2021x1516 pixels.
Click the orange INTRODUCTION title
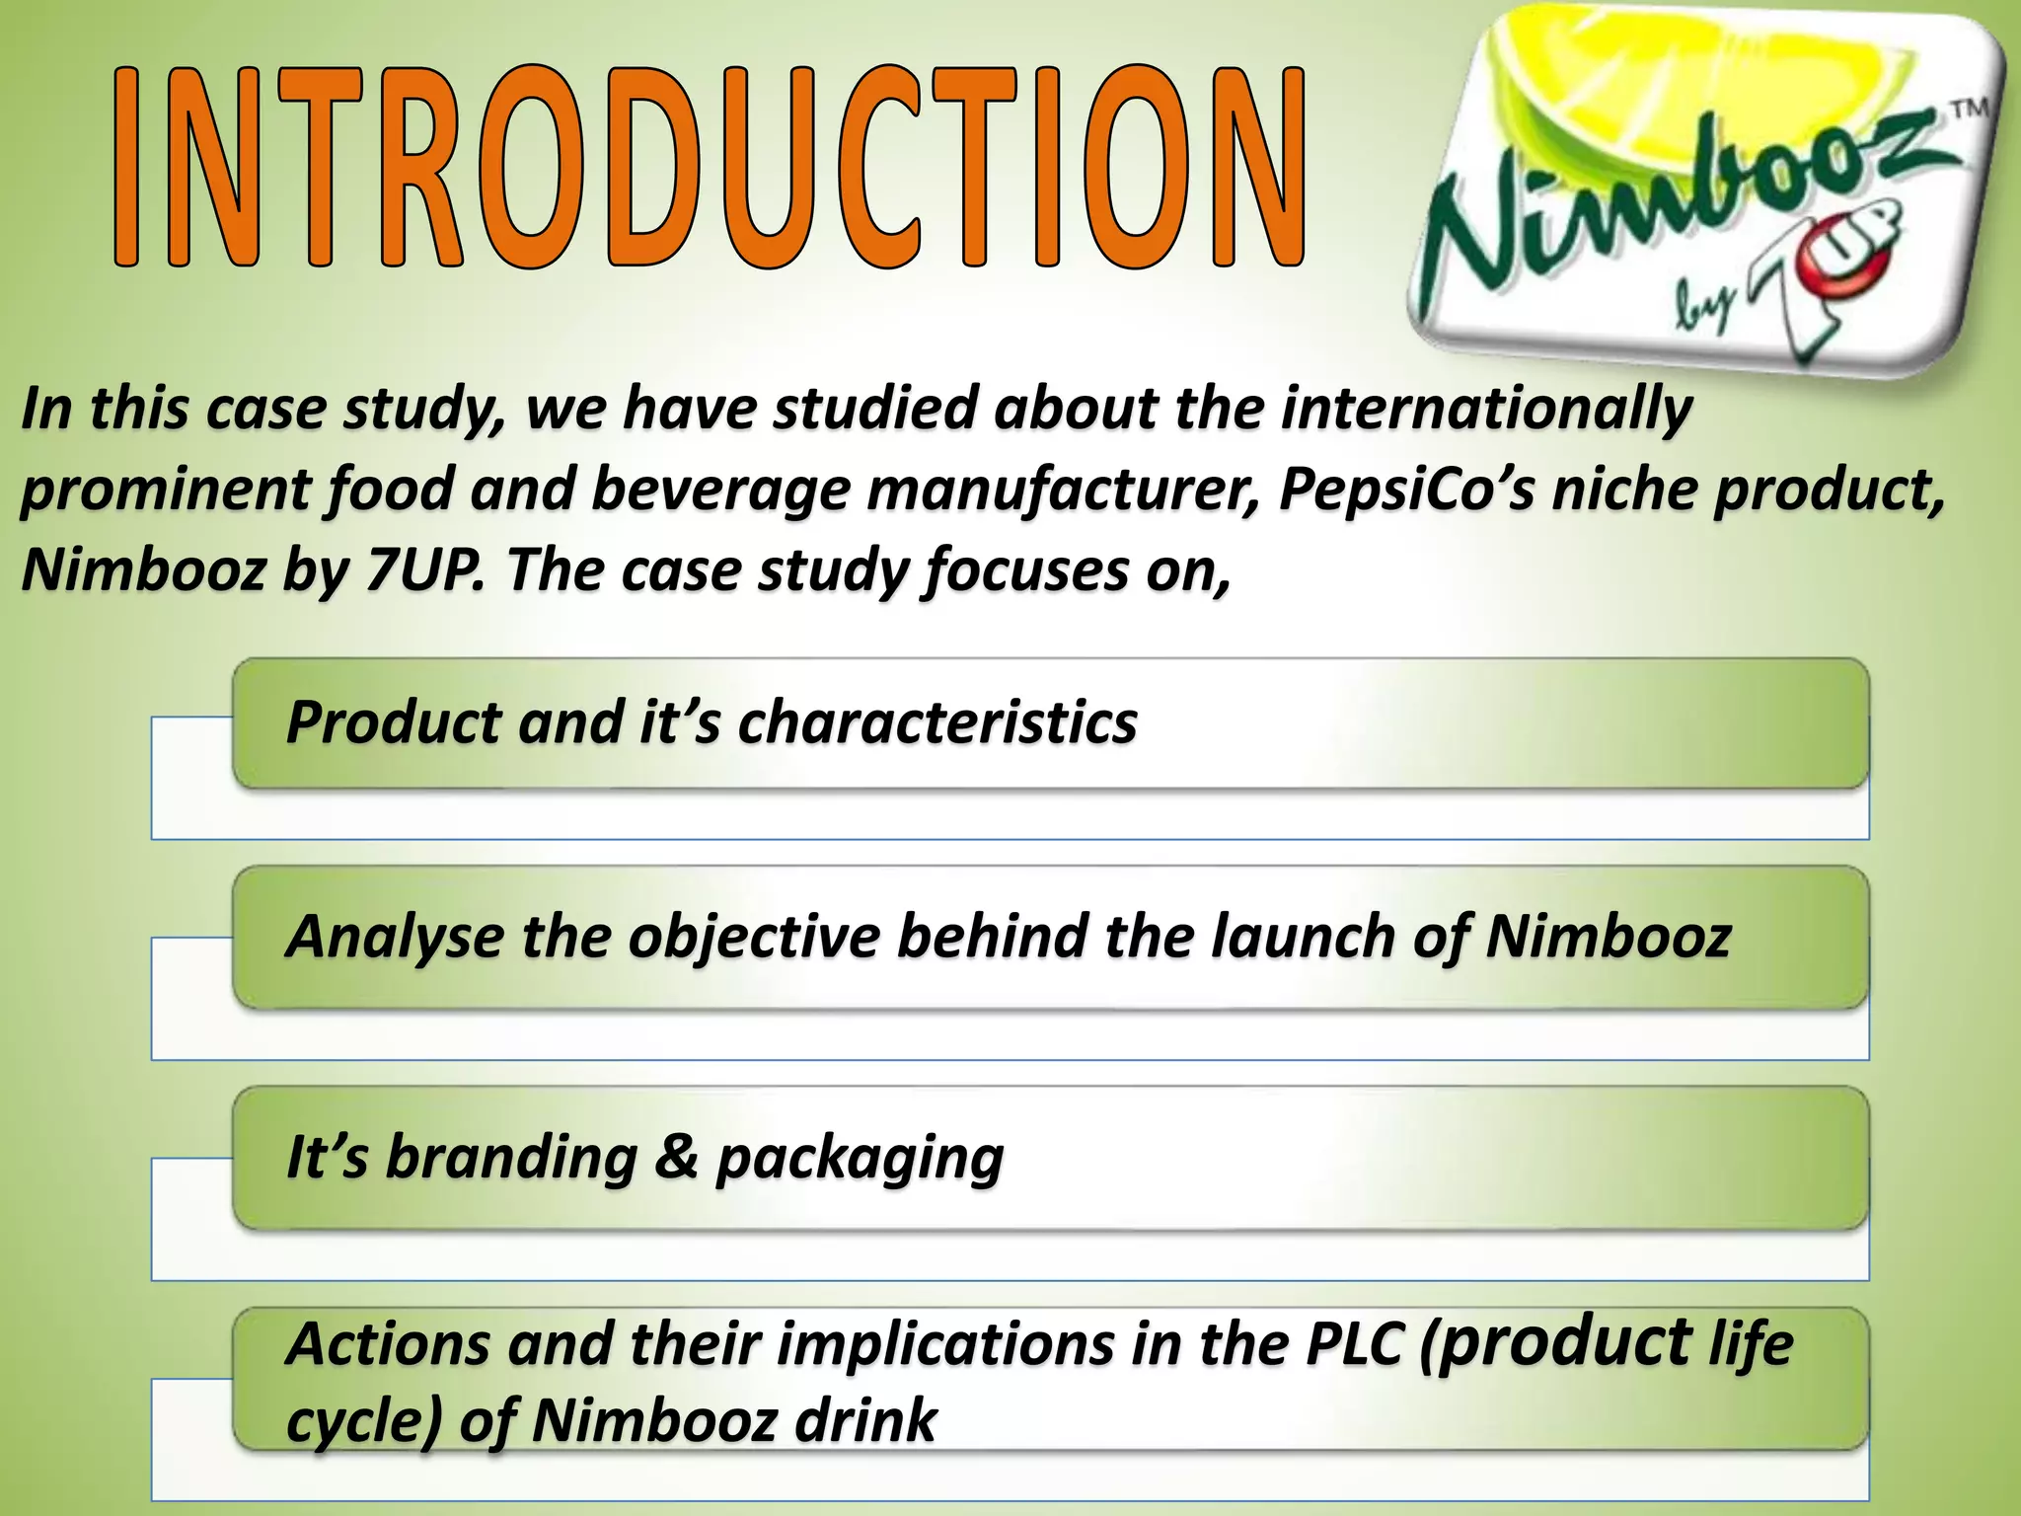point(711,168)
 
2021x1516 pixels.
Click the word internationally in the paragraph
point(1485,409)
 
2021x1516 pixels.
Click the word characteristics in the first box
point(937,722)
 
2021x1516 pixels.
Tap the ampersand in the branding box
point(677,1156)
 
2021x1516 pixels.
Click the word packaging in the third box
point(860,1158)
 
